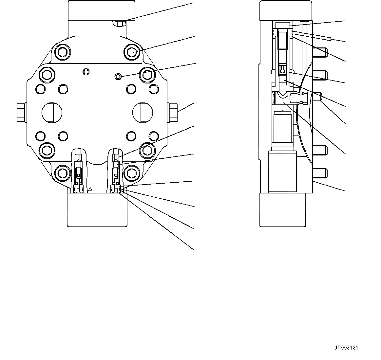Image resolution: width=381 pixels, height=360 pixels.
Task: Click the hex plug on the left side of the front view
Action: point(20,112)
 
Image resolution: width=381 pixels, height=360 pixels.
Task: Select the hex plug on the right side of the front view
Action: point(173,112)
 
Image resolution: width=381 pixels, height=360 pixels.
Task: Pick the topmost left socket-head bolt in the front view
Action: point(62,51)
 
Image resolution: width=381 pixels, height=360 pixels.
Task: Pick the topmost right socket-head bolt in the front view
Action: point(132,51)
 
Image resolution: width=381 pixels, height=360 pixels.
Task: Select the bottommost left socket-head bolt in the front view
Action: point(62,172)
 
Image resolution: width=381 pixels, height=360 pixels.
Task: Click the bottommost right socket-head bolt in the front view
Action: point(132,172)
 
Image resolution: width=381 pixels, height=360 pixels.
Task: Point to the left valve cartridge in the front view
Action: point(78,170)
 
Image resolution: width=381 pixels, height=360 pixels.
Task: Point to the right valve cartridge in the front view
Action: point(116,170)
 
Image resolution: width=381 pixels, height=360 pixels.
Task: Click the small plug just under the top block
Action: point(119,23)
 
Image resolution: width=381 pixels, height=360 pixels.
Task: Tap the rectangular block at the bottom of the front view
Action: point(97,209)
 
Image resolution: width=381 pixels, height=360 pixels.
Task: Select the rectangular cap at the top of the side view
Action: point(286,10)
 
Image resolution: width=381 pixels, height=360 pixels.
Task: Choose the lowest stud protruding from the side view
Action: point(320,172)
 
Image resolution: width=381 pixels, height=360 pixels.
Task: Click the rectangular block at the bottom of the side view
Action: point(282,209)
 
